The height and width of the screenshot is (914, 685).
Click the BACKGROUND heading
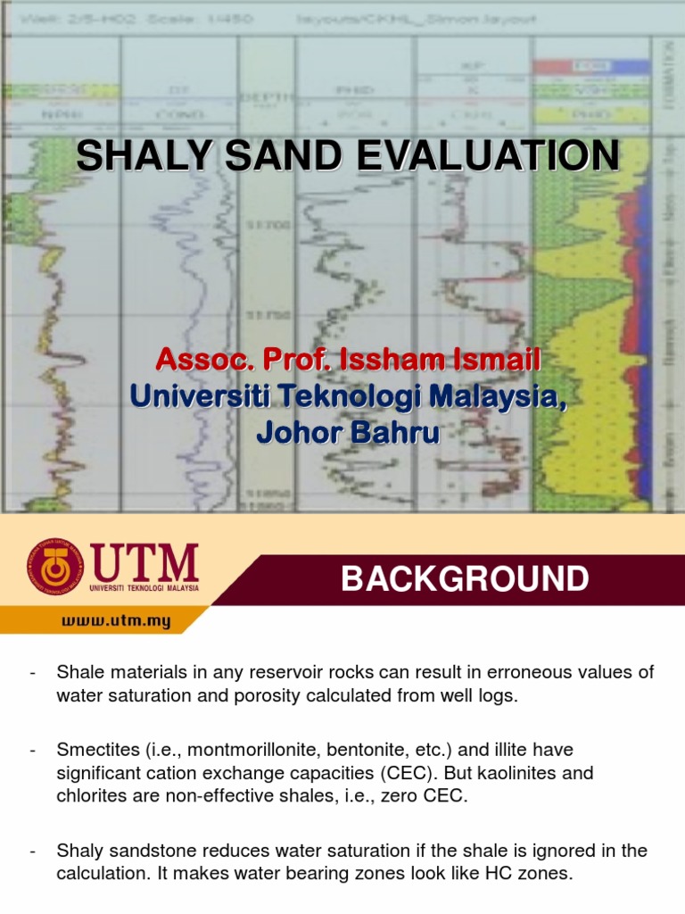point(465,579)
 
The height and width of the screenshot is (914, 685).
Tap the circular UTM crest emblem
point(54,567)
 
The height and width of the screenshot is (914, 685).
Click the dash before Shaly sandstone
point(33,851)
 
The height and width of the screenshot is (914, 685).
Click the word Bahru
point(391,432)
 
